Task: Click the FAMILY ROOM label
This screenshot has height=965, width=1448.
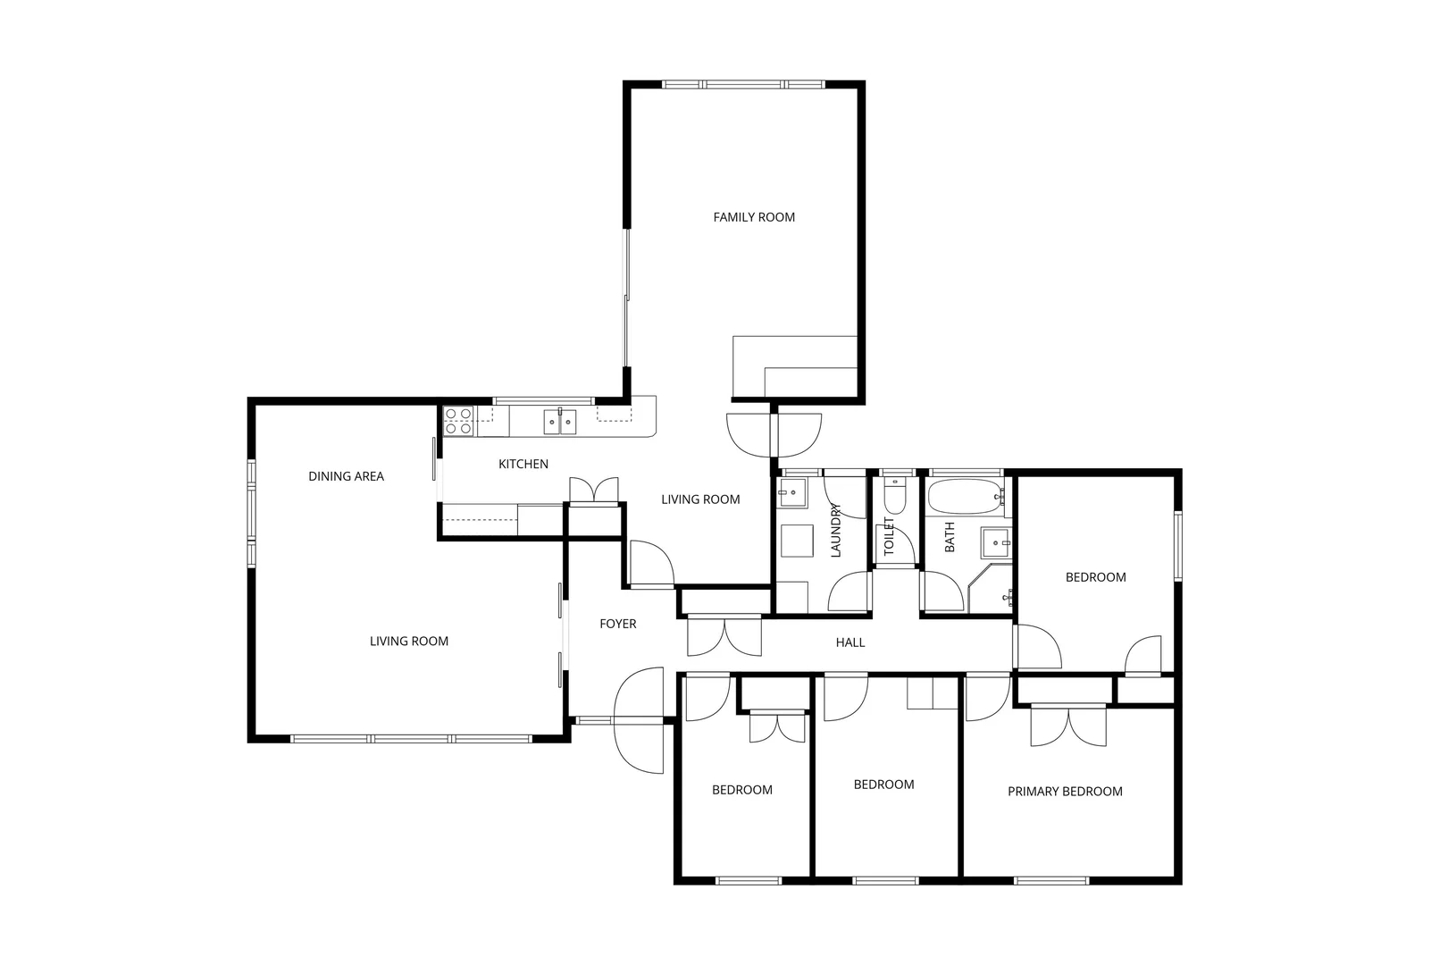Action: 754,217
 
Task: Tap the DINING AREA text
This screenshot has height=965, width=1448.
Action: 346,476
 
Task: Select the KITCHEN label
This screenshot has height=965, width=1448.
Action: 523,464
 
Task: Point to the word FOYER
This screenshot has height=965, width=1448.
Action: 617,624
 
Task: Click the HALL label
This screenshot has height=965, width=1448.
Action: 850,642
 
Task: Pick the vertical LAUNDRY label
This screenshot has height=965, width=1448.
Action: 836,530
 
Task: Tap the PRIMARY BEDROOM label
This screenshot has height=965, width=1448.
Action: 1065,791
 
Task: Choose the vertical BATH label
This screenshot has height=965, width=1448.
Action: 950,536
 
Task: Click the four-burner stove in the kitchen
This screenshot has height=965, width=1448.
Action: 459,421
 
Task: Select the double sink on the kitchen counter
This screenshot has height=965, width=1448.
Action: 560,421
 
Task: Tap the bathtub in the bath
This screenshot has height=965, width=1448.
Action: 965,497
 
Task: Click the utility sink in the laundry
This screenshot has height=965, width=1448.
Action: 792,491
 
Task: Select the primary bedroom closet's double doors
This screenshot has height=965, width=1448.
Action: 1068,726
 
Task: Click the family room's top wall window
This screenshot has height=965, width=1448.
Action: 745,85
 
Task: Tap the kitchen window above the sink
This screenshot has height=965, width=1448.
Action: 544,400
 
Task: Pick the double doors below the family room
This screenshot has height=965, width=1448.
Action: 774,434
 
